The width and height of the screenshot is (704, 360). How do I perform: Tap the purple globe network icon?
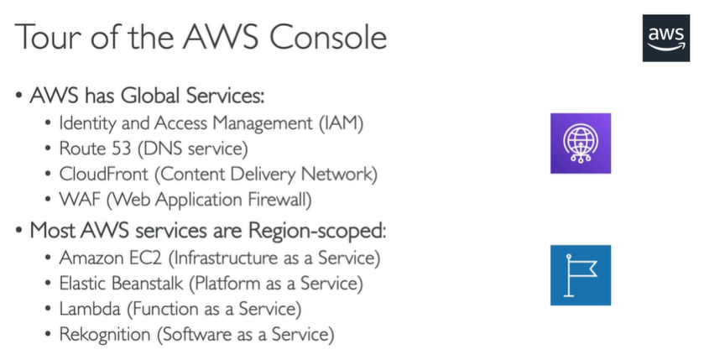click(580, 143)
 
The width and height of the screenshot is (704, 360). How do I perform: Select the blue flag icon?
click(580, 274)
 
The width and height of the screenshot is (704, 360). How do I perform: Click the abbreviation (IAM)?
click(341, 123)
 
